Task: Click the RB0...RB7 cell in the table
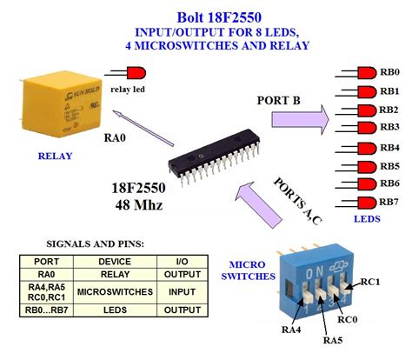click(47, 310)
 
